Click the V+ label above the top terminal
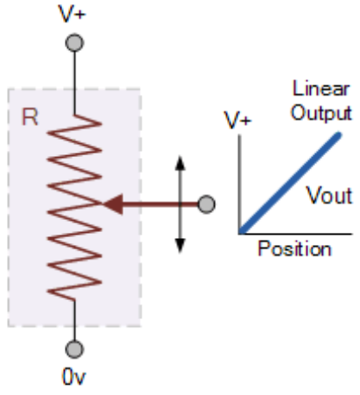pos(72,14)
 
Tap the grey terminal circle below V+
pos(74,43)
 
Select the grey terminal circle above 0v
pos(74,349)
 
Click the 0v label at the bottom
pos(73,377)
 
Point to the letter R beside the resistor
pos(30,117)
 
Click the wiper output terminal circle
pos(206,204)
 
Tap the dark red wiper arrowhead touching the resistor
pos(113,204)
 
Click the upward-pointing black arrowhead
pos(180,163)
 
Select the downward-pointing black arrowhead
pos(180,246)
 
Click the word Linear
pos(321,88)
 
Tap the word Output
pos(321,113)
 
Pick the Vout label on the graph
pos(330,195)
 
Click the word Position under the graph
pos(294,249)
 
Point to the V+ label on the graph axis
pos(237,120)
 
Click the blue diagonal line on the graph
pos(290,183)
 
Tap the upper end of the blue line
pos(339,135)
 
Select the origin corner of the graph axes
pos(239,234)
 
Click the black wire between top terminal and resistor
pos(74,84)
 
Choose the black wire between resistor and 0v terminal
pos(74,320)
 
